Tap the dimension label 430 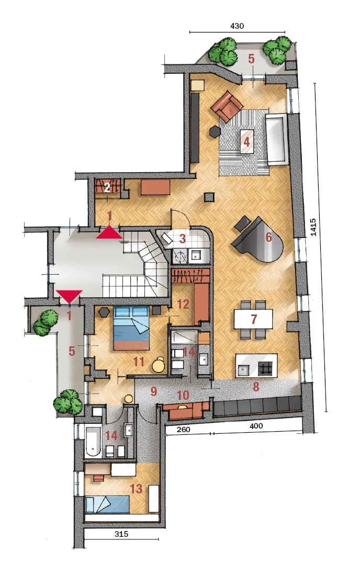[237, 26]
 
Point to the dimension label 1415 [313, 227]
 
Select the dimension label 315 [121, 534]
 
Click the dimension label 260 [184, 429]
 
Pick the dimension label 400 [256, 426]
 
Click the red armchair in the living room [228, 106]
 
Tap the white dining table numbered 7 [253, 319]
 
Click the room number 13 [136, 489]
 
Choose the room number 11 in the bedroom [139, 362]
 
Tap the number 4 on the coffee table [246, 141]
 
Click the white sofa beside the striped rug [276, 139]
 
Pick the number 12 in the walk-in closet [183, 305]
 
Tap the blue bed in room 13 [107, 503]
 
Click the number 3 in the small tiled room [182, 239]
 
